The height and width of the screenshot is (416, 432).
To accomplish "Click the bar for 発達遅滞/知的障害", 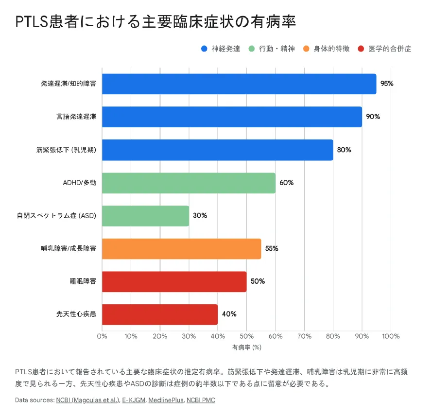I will [x=239, y=84].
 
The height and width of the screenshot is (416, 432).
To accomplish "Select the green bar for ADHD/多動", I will [x=189, y=183].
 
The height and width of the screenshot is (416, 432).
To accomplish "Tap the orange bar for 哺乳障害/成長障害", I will [x=181, y=248].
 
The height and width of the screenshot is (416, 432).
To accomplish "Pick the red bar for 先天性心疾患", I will [x=160, y=314].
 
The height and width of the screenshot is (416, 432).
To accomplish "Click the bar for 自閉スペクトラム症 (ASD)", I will [x=145, y=216].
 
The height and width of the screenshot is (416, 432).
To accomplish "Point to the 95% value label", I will [x=387, y=84].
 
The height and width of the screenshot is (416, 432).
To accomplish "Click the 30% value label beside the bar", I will [x=200, y=216].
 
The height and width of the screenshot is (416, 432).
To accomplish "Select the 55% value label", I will [x=272, y=248].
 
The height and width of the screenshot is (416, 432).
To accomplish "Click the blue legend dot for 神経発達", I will [x=204, y=49].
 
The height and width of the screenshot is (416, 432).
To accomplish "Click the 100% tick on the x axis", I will [x=391, y=336].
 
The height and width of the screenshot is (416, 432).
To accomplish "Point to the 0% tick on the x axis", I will [x=102, y=336].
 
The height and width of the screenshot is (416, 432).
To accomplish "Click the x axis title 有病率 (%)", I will [x=246, y=347].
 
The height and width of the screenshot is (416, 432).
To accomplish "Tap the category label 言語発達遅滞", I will [x=76, y=117].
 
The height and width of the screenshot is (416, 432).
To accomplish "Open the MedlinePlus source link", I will [x=166, y=400].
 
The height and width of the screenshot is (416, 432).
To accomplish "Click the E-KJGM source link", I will [x=133, y=400].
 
